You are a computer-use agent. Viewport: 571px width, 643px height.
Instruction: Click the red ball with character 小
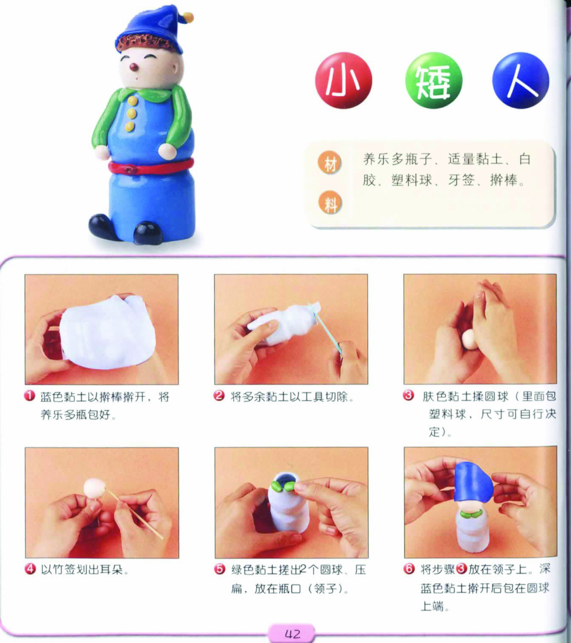[343, 80]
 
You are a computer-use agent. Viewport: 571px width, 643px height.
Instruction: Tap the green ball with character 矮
[434, 80]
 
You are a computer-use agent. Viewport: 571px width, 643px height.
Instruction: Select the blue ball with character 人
[521, 80]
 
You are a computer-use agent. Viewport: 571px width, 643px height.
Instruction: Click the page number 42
[292, 634]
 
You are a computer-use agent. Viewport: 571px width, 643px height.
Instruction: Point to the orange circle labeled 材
[330, 163]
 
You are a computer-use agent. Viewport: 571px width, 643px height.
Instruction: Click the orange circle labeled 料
[330, 203]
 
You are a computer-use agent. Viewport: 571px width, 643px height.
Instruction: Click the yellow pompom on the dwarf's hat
[188, 18]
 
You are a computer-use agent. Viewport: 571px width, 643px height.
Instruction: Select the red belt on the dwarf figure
[151, 166]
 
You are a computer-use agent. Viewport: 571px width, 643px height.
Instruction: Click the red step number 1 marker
[29, 396]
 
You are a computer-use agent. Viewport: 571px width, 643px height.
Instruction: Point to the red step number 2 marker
[219, 396]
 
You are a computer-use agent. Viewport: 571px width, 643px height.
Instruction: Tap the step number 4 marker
[30, 569]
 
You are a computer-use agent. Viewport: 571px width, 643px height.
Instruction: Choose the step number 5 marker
[220, 569]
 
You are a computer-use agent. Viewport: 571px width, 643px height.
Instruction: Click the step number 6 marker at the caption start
[409, 569]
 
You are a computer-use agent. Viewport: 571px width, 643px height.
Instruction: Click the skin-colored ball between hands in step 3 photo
[468, 340]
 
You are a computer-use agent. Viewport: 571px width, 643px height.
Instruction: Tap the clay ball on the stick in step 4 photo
[95, 488]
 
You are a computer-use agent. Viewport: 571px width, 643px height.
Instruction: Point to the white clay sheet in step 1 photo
[107, 332]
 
